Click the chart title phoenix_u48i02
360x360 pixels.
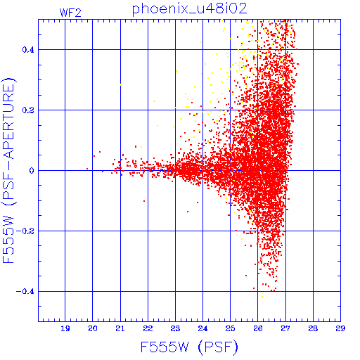pyautogui.click(x=190, y=9)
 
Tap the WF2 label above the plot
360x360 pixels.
pyautogui.click(x=70, y=13)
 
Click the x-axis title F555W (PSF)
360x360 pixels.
pyautogui.click(x=189, y=347)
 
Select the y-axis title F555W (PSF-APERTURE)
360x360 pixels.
pyautogui.click(x=8, y=171)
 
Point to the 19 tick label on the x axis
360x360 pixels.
pyautogui.click(x=65, y=328)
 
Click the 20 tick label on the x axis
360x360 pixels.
pyautogui.click(x=93, y=328)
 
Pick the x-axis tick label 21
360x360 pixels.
pyautogui.click(x=120, y=328)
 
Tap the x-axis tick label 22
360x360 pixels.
pyautogui.click(x=148, y=328)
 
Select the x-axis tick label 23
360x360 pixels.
pyautogui.click(x=175, y=328)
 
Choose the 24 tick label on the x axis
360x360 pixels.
pyautogui.click(x=202, y=328)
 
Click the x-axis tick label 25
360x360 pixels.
pyautogui.click(x=230, y=328)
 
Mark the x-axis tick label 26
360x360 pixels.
pyautogui.click(x=258, y=328)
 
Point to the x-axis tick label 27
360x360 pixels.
pyautogui.click(x=285, y=328)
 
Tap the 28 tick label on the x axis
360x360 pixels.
pyautogui.click(x=313, y=328)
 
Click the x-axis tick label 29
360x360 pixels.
pyautogui.click(x=340, y=328)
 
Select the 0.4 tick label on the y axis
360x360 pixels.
pyautogui.click(x=28, y=50)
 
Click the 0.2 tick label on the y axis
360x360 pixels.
pyautogui.click(x=28, y=110)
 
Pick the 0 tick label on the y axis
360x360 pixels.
pyautogui.click(x=32, y=171)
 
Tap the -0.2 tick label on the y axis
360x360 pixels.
pyautogui.click(x=25, y=231)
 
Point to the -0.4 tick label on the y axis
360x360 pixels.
pyautogui.click(x=25, y=292)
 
